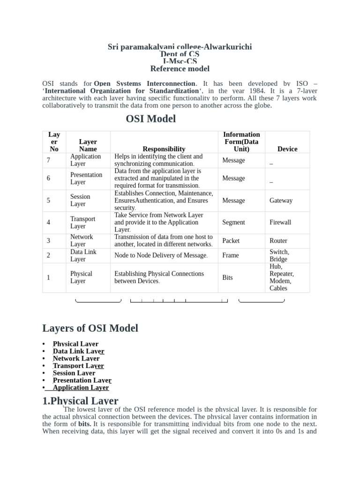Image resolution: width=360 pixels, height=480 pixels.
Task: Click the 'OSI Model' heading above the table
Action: pos(150,119)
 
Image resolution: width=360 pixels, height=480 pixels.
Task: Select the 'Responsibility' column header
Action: pos(164,149)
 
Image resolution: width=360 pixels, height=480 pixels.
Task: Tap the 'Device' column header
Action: pos(287,149)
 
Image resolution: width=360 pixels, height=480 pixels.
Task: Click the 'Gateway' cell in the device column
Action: pos(281,201)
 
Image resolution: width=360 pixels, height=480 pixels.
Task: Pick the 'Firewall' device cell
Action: pos(280,223)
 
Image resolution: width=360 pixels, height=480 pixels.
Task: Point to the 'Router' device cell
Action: pos(278,241)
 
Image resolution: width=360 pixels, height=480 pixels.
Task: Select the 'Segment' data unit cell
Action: pos(233,223)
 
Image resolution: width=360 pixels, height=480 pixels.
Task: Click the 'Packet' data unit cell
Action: pos(231,241)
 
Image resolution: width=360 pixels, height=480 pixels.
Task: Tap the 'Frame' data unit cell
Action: pos(230,255)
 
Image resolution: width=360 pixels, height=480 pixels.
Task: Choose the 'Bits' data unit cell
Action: pos(227,277)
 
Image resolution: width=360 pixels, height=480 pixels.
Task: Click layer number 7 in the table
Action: pos(49,160)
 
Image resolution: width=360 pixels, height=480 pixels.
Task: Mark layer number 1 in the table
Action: pos(49,277)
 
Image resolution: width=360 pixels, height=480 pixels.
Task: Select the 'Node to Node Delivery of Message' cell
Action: pos(161,255)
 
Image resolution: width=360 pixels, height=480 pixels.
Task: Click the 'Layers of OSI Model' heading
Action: pos(90,328)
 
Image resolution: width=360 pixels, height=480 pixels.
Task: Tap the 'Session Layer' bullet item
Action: pos(74,373)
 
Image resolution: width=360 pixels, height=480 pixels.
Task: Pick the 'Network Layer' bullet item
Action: pos(76,359)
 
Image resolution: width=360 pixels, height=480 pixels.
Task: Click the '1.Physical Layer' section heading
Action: pos(80,401)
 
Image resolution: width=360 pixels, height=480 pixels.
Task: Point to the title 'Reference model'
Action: pos(180,69)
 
